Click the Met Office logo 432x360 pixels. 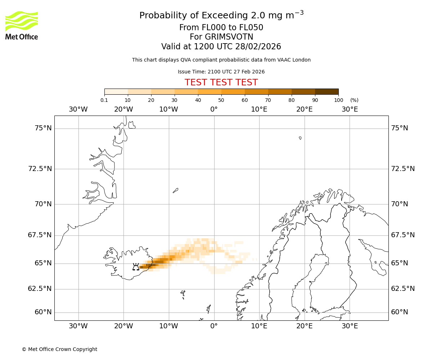pos(22,25)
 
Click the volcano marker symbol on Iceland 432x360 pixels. pos(136,266)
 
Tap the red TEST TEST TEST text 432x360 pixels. pos(221,82)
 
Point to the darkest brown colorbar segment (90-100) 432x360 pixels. pos(327,91)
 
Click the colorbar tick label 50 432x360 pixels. pos(221,100)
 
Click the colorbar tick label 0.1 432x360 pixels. pos(104,100)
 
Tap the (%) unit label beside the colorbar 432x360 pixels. pos(354,100)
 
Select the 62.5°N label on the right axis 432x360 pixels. pos(403,289)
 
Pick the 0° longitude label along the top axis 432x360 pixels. pos(214,109)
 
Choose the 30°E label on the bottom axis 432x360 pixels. pos(350,326)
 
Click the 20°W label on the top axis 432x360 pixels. pos(123,109)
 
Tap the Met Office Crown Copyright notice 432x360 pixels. pos(59,349)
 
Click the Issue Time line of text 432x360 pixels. pos(221,72)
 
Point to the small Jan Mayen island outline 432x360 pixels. pos(175,190)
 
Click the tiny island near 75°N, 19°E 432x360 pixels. pos(300,138)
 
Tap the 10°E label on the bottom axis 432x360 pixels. pos(259,326)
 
